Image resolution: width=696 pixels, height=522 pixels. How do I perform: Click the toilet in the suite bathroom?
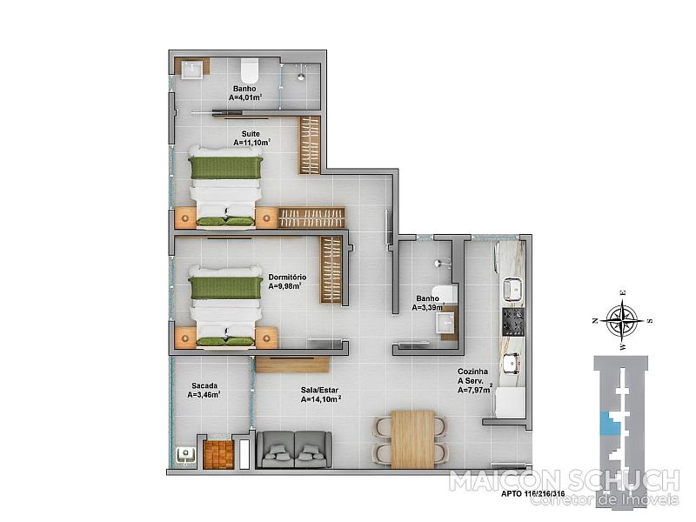point(250,69)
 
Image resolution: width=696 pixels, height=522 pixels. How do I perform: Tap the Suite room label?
point(251,134)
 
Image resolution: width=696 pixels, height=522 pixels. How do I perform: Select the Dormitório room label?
point(287,278)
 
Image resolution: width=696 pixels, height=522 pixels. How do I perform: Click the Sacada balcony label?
point(204,385)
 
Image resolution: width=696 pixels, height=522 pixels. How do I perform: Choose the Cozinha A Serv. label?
point(473,376)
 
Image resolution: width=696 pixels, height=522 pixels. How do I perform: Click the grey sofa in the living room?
point(294,450)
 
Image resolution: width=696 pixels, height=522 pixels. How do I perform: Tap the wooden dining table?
point(412,439)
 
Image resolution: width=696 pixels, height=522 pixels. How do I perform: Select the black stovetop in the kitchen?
point(513,322)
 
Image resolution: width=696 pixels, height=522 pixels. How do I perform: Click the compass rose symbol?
point(624,319)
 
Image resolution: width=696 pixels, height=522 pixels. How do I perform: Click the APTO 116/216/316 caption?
point(533,493)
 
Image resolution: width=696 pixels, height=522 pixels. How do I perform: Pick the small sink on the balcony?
point(185,456)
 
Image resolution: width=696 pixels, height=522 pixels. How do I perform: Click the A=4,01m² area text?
point(245,97)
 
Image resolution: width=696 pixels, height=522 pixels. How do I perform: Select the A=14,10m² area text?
point(321,399)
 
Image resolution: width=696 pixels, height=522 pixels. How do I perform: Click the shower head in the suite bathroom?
point(301,76)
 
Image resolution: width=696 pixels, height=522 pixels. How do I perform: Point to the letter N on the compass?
point(595,320)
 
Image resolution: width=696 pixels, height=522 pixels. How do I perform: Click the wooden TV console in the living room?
point(292,365)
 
